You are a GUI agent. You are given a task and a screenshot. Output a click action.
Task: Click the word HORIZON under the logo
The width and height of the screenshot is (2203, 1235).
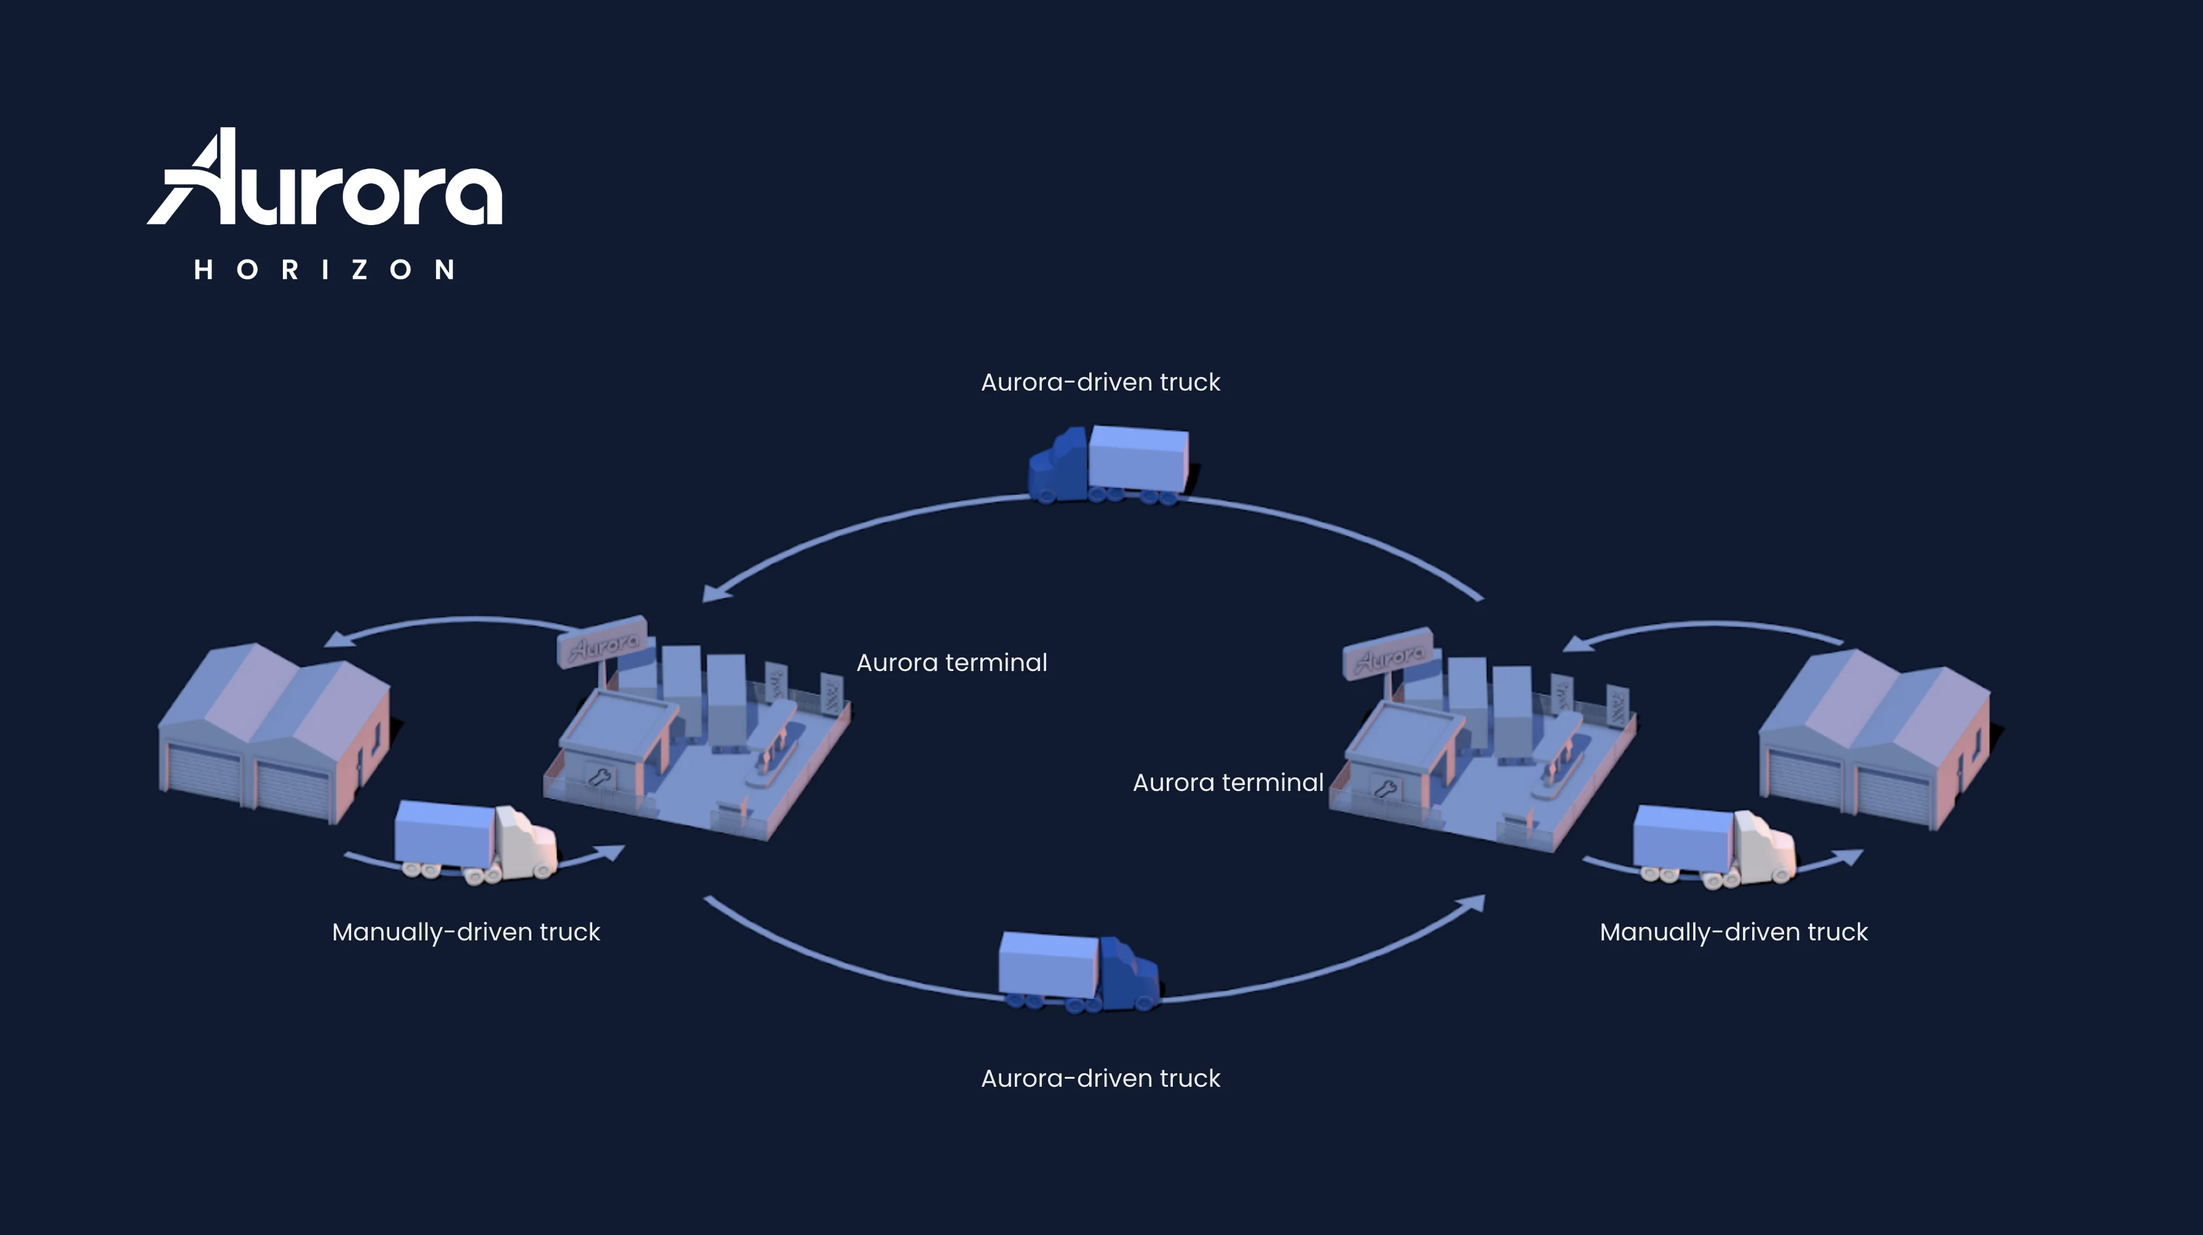(x=324, y=270)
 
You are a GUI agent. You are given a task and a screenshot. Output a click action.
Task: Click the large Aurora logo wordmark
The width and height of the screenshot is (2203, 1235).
(x=325, y=177)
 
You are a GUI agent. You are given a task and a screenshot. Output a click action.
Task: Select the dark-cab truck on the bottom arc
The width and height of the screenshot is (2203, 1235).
(x=1080, y=972)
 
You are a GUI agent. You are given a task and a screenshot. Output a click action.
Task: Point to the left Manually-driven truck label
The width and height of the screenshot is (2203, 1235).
(x=466, y=932)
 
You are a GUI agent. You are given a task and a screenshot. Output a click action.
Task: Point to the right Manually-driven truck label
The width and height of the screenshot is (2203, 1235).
(x=1734, y=932)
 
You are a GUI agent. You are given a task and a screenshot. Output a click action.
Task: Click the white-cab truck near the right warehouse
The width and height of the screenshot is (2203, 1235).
(x=1715, y=847)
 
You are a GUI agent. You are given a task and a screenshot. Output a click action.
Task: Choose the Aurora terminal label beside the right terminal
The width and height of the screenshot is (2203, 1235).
(x=1228, y=782)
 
